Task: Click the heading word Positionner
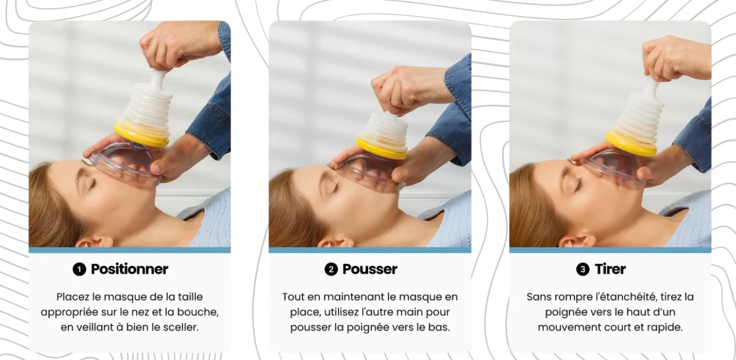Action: [129, 269]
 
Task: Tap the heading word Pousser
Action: [370, 269]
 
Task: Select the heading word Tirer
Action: [610, 269]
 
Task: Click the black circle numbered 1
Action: [79, 270]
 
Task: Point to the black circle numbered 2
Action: [331, 270]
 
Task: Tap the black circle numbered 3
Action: [583, 270]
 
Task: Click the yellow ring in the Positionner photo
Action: [141, 136]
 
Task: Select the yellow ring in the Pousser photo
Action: [381, 149]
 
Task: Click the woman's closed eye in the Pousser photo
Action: [335, 188]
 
